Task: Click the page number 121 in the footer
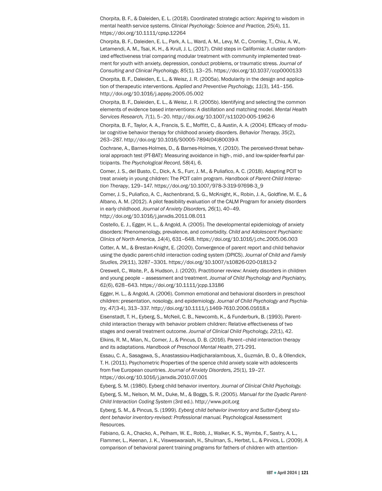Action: tap(305, 473)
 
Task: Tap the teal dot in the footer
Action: tap(275, 473)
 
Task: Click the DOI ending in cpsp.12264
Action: tap(143, 33)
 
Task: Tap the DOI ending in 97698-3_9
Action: tap(209, 186)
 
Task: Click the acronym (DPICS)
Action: tap(235, 255)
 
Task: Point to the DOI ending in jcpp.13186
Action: tap(182, 285)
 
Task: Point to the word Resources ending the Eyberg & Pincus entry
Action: tap(112, 425)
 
